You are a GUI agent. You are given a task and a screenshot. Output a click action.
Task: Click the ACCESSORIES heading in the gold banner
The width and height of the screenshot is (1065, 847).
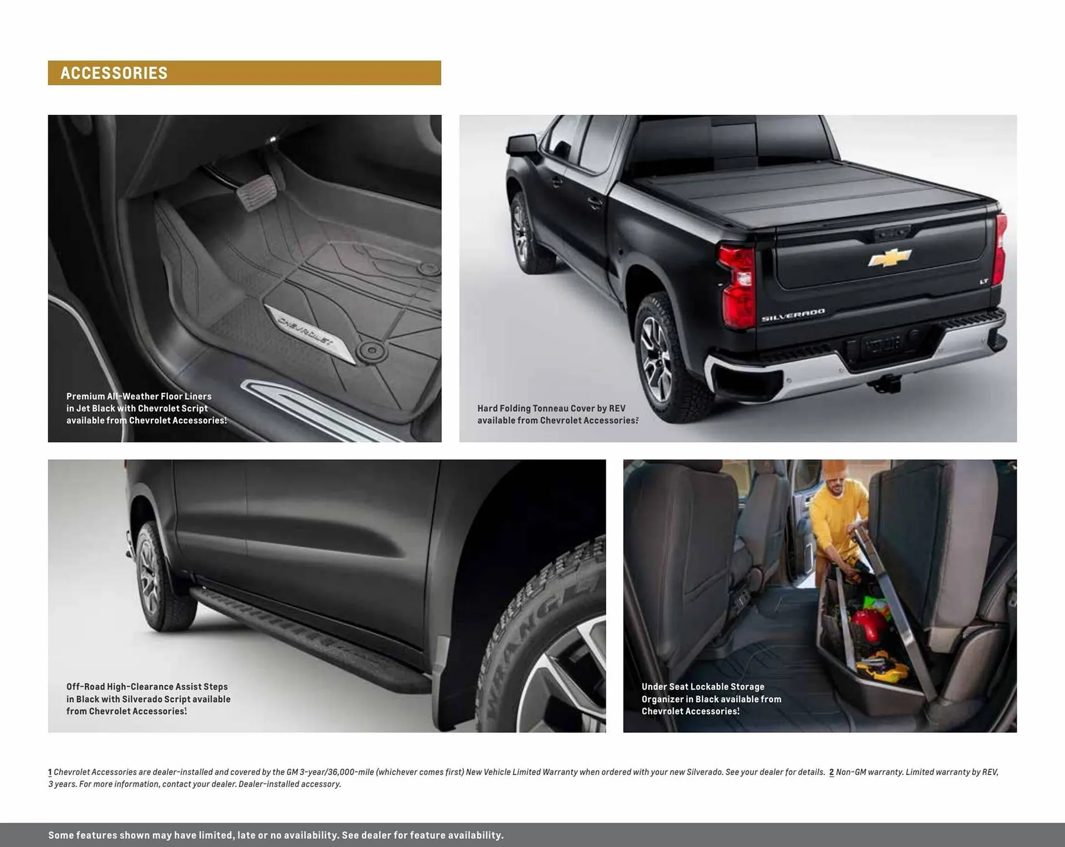point(114,73)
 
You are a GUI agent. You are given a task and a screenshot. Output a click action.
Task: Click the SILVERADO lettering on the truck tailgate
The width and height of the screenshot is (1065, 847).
point(793,315)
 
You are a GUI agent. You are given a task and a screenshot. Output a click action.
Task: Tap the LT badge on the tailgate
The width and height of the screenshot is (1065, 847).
point(983,282)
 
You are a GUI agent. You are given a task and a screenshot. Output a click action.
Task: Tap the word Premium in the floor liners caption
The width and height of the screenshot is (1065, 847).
point(85,397)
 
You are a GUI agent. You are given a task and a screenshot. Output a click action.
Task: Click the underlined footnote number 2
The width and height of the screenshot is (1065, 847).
point(831,772)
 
